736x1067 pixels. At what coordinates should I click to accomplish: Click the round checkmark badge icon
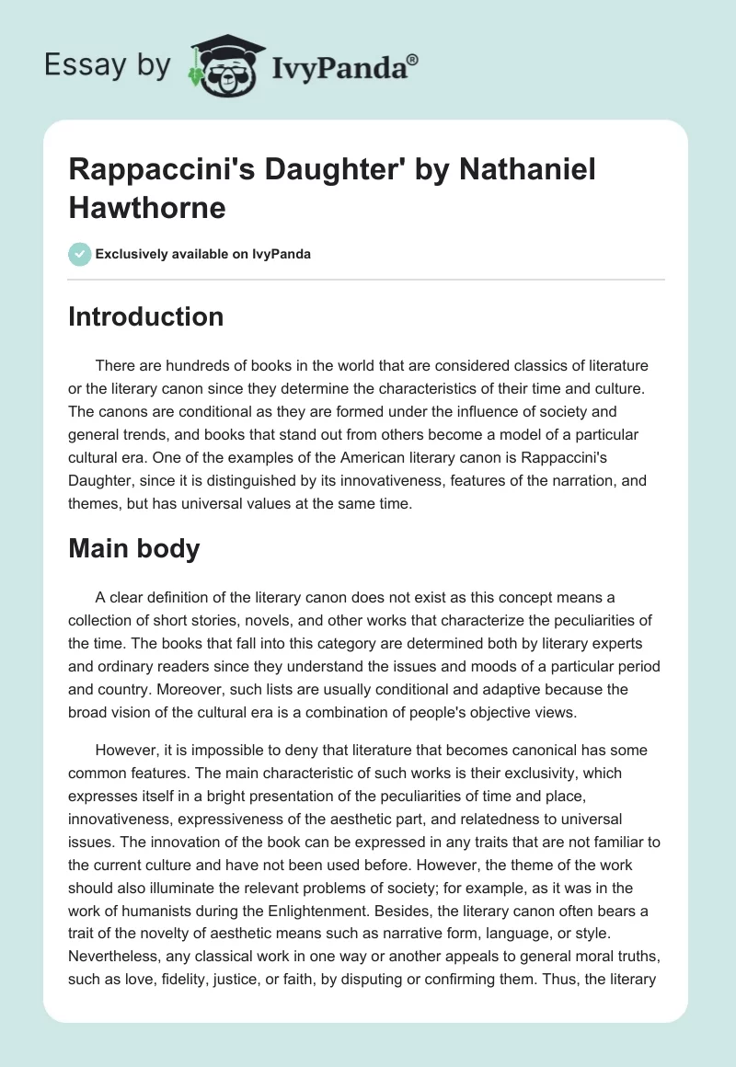pos(78,254)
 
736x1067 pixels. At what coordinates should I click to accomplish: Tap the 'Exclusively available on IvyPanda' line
pos(201,255)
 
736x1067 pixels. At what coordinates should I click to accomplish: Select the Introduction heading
pos(145,316)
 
